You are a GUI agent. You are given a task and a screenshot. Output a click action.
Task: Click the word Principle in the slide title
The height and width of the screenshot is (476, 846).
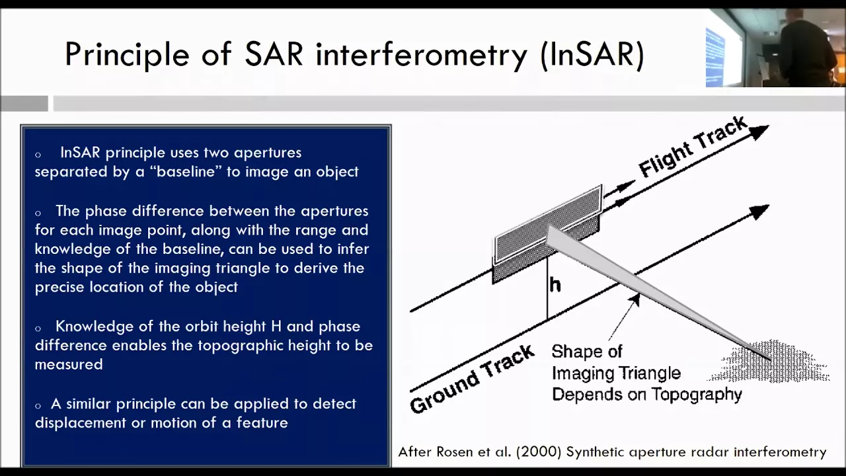click(x=127, y=55)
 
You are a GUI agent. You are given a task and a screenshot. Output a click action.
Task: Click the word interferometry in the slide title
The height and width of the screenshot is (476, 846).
click(x=421, y=54)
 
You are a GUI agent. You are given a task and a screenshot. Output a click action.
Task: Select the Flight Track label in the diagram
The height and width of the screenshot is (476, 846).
click(x=693, y=147)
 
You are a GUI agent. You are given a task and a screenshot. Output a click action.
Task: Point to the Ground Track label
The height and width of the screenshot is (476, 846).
click(x=472, y=379)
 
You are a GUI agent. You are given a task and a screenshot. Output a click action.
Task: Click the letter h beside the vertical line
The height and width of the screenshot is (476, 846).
click(x=555, y=285)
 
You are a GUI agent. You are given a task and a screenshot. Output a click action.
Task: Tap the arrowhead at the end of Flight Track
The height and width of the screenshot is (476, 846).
click(x=759, y=132)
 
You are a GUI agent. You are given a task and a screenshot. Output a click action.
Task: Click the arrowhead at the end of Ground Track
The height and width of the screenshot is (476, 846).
click(x=759, y=212)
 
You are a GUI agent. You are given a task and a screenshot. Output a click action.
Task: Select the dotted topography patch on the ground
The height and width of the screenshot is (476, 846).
click(x=771, y=362)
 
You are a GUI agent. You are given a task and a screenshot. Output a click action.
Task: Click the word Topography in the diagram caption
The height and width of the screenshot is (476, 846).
click(x=697, y=395)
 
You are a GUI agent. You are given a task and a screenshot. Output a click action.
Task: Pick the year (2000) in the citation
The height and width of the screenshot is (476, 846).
click(x=539, y=452)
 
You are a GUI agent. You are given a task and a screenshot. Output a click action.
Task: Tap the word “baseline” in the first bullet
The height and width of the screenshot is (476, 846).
click(x=186, y=172)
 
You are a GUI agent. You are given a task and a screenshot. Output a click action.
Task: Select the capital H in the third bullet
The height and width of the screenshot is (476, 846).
click(x=276, y=327)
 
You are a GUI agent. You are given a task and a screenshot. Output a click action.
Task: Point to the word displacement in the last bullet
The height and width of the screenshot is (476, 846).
click(x=81, y=422)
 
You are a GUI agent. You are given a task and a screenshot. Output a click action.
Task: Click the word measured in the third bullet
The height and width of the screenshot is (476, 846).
click(x=69, y=364)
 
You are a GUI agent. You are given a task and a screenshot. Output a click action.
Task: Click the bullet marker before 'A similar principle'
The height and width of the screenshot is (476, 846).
click(x=38, y=406)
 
